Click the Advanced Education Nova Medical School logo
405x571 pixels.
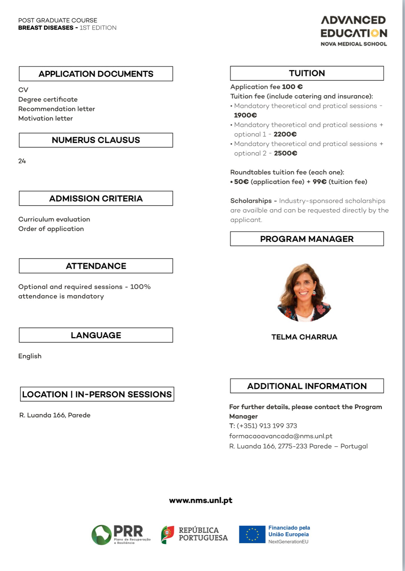[353, 31]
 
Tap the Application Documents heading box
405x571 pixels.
[96, 74]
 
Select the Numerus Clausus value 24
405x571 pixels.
[22, 161]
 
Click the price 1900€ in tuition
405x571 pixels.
[245, 115]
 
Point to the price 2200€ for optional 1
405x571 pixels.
[285, 134]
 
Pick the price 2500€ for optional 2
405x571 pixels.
[286, 153]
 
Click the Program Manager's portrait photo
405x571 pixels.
[304, 292]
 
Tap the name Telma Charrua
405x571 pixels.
[304, 337]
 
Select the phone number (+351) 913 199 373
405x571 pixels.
[267, 426]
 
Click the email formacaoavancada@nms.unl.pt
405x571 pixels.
[280, 436]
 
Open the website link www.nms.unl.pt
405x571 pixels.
[201, 501]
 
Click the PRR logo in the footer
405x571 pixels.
[121, 535]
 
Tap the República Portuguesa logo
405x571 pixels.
[195, 534]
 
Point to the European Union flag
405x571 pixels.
[252, 534]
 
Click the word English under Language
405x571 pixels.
[30, 356]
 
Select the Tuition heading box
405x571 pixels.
[307, 73]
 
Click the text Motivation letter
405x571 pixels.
[45, 119]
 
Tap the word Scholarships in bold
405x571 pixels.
[251, 201]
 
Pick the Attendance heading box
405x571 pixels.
[96, 266]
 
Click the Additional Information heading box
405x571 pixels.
[307, 386]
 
